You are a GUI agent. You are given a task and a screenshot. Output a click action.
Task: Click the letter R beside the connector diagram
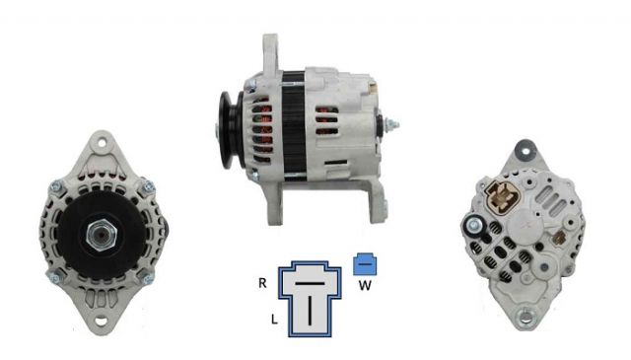coord(262,283)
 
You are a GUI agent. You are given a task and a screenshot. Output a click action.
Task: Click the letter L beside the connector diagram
coord(274,320)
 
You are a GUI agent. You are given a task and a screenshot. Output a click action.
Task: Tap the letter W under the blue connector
coord(365,285)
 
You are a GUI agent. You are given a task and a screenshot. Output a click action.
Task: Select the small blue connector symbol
coord(365,264)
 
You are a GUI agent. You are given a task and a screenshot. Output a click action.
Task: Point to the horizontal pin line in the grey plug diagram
coord(310,283)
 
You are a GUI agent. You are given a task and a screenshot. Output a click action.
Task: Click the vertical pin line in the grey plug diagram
coord(310,310)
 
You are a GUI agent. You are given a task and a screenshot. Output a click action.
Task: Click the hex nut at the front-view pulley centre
coord(101,236)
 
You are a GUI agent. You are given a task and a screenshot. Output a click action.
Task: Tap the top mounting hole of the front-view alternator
coord(101,143)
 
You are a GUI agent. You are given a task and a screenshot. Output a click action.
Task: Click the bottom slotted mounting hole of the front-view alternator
coord(101,321)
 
